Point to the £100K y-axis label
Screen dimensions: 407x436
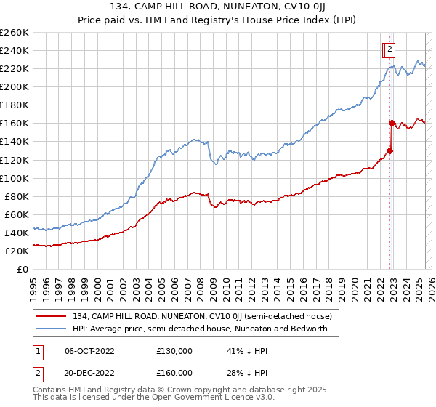click(15, 178)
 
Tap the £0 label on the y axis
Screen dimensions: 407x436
click(23, 269)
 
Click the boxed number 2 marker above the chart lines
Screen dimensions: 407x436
click(389, 49)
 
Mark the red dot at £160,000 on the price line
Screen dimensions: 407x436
click(392, 123)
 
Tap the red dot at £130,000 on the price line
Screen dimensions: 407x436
click(389, 150)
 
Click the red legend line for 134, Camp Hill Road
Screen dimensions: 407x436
click(52, 316)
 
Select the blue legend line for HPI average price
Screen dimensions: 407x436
click(52, 329)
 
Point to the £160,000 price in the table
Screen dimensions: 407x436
click(174, 372)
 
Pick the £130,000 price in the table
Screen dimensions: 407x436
click(174, 350)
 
